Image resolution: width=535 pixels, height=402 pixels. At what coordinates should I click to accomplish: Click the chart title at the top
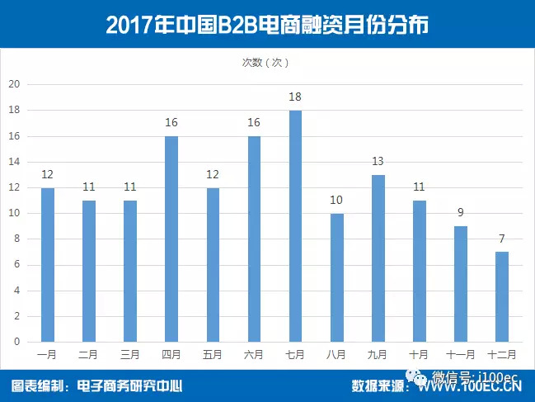pos(267,24)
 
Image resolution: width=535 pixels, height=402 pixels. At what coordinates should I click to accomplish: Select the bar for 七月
pos(295,226)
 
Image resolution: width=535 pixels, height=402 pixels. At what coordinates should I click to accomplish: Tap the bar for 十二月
pos(501,297)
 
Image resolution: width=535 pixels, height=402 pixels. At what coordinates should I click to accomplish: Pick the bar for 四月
pos(171,239)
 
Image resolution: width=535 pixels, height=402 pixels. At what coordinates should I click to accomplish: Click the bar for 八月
pos(336,277)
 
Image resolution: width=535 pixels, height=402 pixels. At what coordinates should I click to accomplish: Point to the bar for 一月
pos(48,264)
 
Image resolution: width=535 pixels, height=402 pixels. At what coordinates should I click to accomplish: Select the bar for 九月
pos(378,258)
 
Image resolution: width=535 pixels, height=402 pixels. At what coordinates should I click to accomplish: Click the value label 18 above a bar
pos(295,97)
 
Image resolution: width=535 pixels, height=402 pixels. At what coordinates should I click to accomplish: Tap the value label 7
pos(501,239)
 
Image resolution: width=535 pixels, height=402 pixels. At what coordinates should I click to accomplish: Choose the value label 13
pos(378,162)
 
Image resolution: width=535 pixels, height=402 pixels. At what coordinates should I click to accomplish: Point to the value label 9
pos(460,214)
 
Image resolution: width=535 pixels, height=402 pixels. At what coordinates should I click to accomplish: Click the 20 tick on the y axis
pos(13,84)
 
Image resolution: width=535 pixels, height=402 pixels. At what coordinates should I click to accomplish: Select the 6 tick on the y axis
pos(16,265)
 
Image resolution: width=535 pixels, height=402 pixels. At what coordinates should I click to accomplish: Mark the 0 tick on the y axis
pos(16,342)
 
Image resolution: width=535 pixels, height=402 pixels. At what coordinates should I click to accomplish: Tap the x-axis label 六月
pos(254,355)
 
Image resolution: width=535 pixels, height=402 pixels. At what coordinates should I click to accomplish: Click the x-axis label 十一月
pos(460,355)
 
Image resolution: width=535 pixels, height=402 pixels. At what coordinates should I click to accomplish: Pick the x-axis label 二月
pos(89,355)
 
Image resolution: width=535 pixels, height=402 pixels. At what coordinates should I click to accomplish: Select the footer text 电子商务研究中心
pos(129,385)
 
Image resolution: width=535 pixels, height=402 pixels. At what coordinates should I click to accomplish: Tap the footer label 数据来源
pos(381,385)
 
